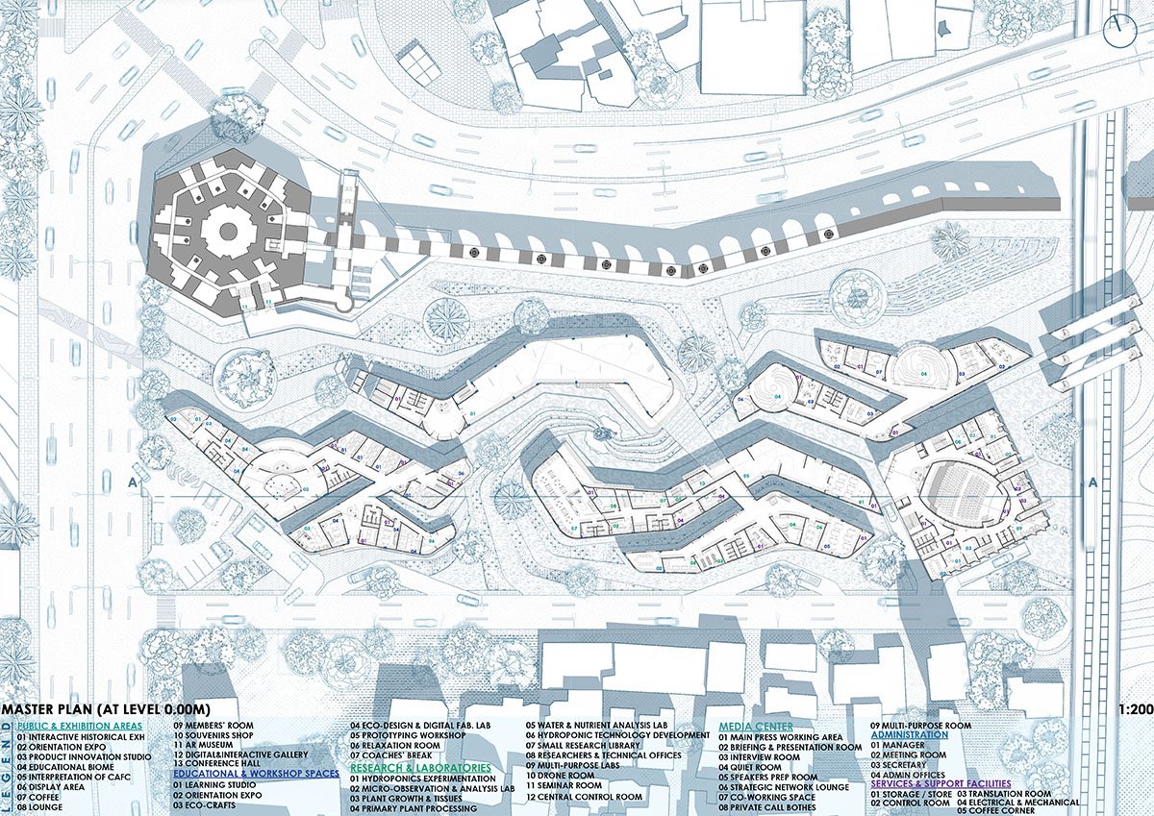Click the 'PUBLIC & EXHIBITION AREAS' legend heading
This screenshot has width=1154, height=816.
[x=80, y=726]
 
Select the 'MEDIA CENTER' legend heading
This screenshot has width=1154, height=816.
[x=756, y=726]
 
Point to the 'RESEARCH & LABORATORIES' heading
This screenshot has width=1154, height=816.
[x=421, y=768]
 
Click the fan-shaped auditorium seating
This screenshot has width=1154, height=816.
[x=962, y=495]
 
